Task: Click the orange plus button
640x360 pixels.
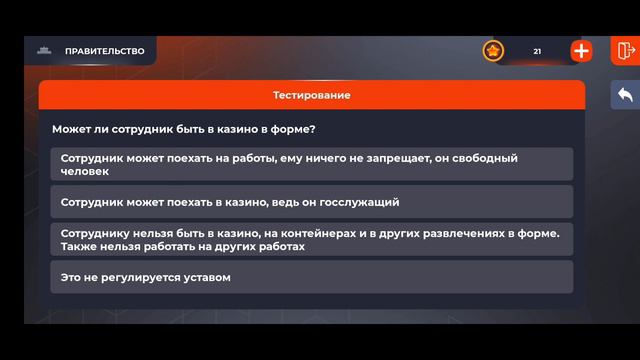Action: tap(581, 51)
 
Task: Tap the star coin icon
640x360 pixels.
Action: tap(493, 51)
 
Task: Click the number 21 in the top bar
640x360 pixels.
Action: tap(537, 51)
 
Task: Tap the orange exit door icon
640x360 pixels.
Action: tap(626, 51)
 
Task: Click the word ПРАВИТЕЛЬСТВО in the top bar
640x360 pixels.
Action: tap(104, 51)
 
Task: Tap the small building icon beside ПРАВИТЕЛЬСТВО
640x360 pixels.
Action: tap(43, 51)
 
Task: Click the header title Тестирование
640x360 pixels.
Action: tap(311, 95)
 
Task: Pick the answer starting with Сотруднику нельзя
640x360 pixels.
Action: tap(311, 239)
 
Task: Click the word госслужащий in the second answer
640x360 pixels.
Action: tap(364, 201)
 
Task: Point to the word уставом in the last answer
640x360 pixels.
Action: tap(206, 277)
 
